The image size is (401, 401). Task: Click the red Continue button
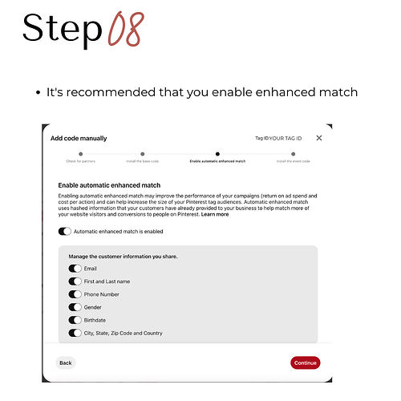click(x=305, y=363)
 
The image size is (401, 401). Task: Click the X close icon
click(x=318, y=138)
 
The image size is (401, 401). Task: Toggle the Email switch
click(x=75, y=269)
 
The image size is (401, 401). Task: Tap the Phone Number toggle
click(x=75, y=294)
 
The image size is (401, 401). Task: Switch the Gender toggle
click(x=75, y=307)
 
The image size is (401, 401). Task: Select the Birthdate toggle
click(x=75, y=320)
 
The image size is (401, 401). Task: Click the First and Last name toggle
click(x=75, y=282)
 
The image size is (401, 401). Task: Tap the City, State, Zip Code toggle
click(x=75, y=333)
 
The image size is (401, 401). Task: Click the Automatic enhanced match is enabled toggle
click(x=65, y=232)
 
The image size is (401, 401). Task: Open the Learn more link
click(x=215, y=215)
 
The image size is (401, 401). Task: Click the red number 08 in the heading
click(x=125, y=30)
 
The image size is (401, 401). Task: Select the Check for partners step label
click(x=80, y=161)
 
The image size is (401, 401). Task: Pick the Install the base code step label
click(x=142, y=161)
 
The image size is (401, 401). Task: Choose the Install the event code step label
click(x=294, y=161)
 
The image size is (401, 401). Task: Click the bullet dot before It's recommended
click(x=38, y=93)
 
